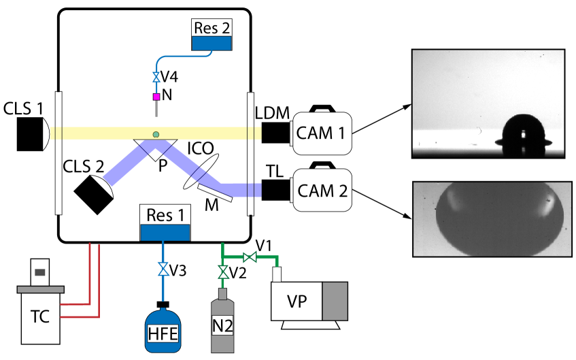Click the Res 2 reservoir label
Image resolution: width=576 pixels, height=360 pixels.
click(x=211, y=28)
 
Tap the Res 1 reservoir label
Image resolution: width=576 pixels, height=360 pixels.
click(x=164, y=215)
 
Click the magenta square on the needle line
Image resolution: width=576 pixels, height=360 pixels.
click(x=156, y=97)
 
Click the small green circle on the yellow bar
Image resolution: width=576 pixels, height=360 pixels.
click(x=156, y=134)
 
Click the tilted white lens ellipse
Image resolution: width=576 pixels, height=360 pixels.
click(x=201, y=171)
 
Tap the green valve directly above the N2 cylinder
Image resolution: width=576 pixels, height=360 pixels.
click(x=222, y=272)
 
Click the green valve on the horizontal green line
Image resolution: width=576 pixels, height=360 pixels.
click(x=250, y=257)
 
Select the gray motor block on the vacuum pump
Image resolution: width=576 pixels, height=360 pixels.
click(x=335, y=301)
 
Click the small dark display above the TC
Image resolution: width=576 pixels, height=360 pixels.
click(x=40, y=272)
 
